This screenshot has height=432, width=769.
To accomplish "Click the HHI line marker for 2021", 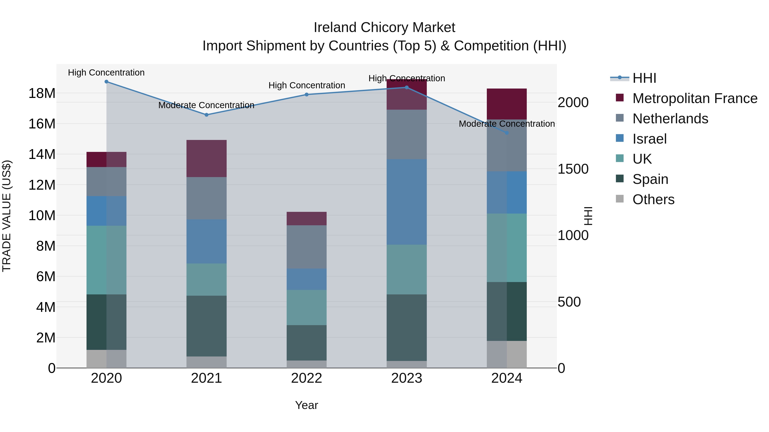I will coord(206,115).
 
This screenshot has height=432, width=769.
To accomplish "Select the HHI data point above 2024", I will coord(507,133).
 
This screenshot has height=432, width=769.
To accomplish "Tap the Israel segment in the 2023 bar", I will coord(407,202).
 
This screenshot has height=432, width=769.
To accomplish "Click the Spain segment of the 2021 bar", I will coord(206,326).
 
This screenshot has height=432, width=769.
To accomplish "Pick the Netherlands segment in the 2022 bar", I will coord(307,247).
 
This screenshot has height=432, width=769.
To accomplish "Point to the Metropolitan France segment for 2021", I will coord(206,158).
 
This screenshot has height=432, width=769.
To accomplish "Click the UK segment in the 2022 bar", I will coord(307,307).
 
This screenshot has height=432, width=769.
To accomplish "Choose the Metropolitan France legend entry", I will coord(694,98).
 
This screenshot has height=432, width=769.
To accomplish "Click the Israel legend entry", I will coord(649,139).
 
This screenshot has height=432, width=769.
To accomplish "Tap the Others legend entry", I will coord(653,199).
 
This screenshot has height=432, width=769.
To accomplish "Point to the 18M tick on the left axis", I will coord(42,93).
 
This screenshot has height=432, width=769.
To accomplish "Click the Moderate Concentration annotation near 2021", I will coord(206,105).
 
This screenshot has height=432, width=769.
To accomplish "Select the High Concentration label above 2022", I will coord(307,85).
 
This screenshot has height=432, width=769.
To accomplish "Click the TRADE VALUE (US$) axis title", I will coord(7,216).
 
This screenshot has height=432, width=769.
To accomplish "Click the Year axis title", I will coord(307,405).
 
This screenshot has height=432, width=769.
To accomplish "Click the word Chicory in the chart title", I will coord(384,28).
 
